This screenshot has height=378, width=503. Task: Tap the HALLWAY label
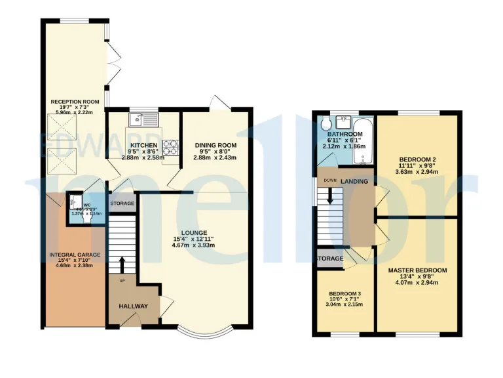coord(133,306)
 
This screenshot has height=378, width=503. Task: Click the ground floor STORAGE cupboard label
coord(122,203)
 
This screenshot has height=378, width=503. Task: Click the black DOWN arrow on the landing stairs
coord(329,195)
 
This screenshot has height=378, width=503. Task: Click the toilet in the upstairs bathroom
coord(326,123)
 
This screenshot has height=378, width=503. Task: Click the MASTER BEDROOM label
coord(417,270)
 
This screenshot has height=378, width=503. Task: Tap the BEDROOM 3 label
coord(345,293)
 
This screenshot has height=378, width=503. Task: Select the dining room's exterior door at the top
coord(218,104)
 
